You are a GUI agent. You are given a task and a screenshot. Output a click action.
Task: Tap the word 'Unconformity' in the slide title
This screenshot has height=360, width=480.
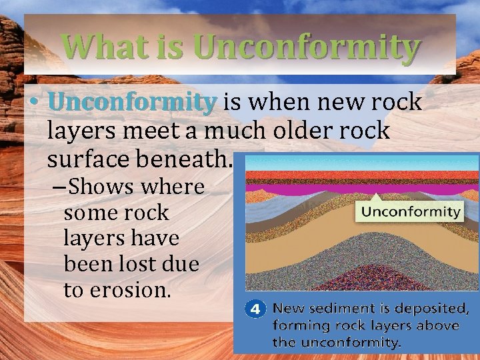coord(307,47)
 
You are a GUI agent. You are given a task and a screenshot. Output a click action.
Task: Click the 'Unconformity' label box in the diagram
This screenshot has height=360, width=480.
coord(411,212)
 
